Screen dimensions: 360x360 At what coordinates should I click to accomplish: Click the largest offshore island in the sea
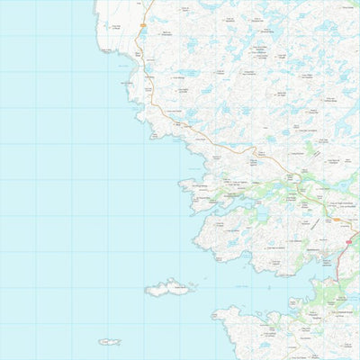tap(169, 288)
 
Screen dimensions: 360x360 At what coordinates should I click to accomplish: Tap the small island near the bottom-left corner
tap(111, 342)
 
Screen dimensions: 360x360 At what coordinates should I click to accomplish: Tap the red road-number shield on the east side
tap(348, 241)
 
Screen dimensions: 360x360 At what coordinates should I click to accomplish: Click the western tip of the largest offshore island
tap(146, 291)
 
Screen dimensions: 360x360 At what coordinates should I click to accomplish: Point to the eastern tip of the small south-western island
tap(121, 342)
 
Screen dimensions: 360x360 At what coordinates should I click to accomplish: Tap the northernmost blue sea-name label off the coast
tap(121, 65)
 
